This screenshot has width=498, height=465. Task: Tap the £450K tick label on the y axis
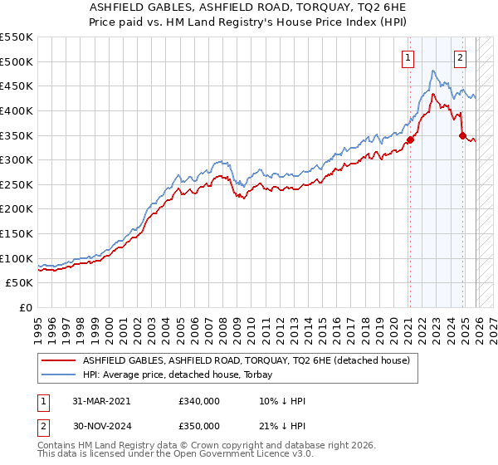[x=17, y=86]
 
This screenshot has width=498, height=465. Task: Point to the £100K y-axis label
[x=17, y=258]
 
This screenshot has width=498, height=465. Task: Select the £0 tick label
[x=25, y=307]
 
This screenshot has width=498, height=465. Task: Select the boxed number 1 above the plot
[x=409, y=58]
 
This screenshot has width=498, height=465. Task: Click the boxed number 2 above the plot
[x=461, y=58]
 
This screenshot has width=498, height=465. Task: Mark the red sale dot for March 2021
[x=410, y=139]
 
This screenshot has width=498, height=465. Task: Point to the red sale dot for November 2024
[x=462, y=135]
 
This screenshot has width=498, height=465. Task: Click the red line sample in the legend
[x=60, y=361]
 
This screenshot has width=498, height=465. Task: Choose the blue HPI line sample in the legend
[x=60, y=375]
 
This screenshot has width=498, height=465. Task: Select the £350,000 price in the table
[x=199, y=425]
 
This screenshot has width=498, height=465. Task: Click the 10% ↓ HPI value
[x=283, y=401]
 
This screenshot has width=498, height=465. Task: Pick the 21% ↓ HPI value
[x=283, y=425]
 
